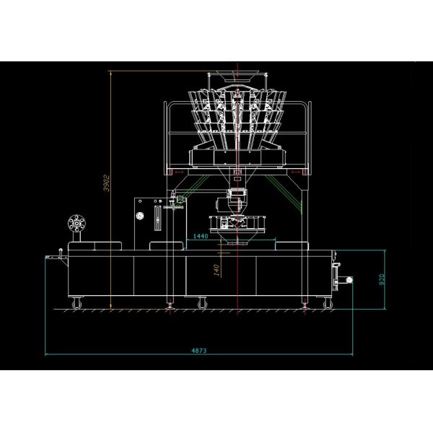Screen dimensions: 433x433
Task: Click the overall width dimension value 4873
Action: click(x=199, y=350)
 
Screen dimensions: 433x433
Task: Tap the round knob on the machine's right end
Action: click(x=349, y=279)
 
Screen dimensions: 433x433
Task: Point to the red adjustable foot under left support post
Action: click(x=169, y=309)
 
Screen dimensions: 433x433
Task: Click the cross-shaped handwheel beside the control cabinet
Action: click(x=170, y=207)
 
